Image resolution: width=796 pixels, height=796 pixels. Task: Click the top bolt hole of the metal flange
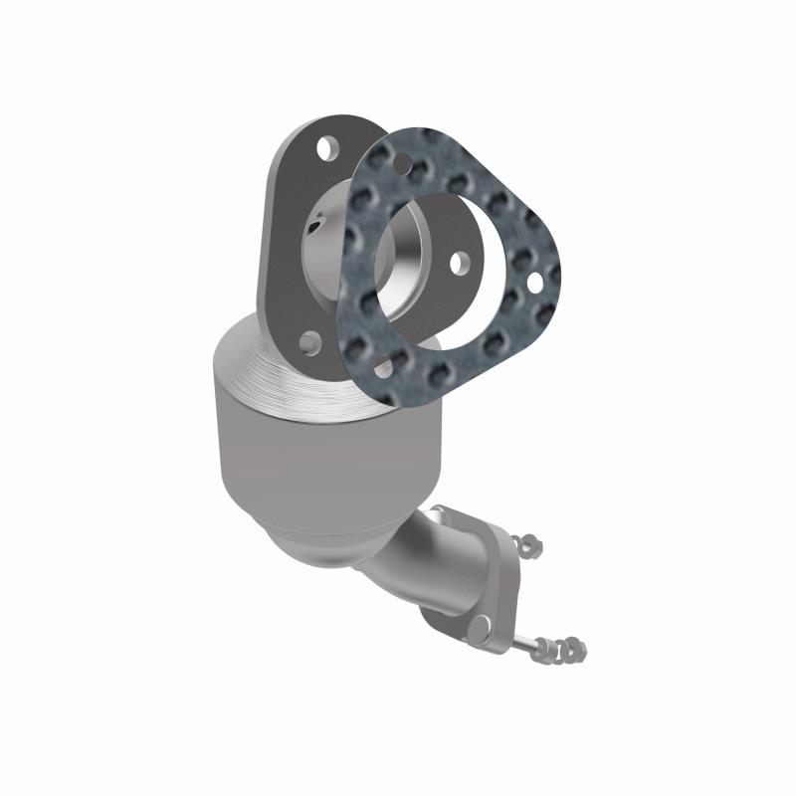coord(325,148)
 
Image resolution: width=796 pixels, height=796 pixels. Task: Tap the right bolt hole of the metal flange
coord(460,264)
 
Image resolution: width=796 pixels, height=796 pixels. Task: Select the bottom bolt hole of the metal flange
coord(310,343)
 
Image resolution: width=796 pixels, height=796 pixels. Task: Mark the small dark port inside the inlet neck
coord(316,230)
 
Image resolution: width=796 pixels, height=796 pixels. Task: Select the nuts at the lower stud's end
coord(570,650)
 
